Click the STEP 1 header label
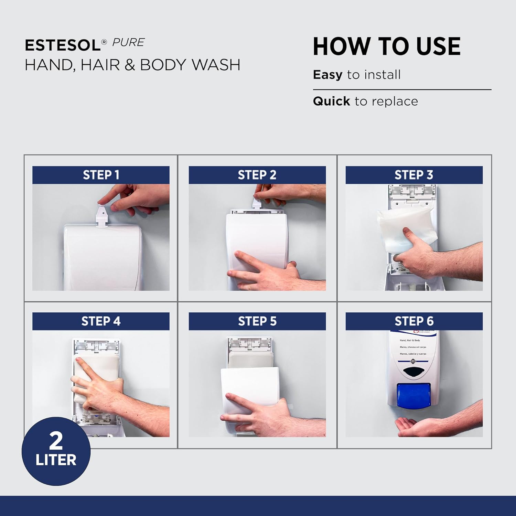pyautogui.click(x=101, y=175)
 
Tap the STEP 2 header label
pyautogui.click(x=257, y=175)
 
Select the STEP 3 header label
pyautogui.click(x=414, y=175)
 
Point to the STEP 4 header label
pyautogui.click(x=101, y=321)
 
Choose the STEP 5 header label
pyautogui.click(x=257, y=321)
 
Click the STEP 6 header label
pyautogui.click(x=414, y=321)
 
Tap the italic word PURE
pyautogui.click(x=128, y=42)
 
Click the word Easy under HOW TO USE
pyautogui.click(x=327, y=75)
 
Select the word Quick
pyautogui.click(x=331, y=101)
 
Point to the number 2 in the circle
pyautogui.click(x=56, y=441)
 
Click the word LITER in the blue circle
pyautogui.click(x=56, y=460)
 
